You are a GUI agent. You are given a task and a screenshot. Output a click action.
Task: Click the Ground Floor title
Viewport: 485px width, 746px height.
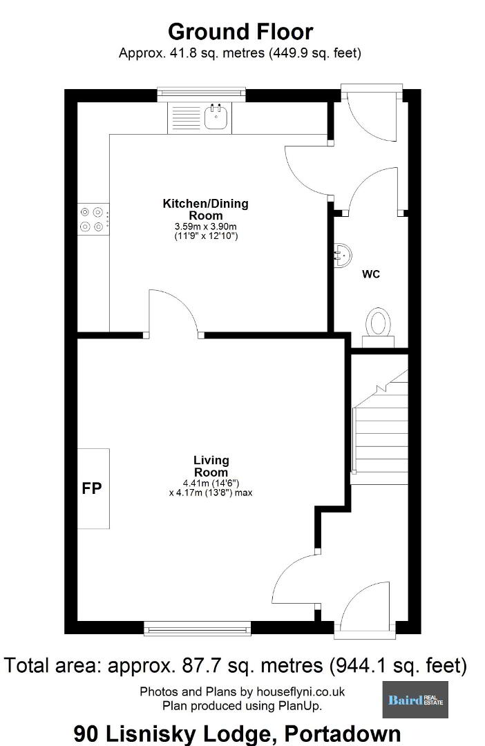point(240,32)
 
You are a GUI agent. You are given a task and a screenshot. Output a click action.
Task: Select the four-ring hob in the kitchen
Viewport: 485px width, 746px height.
point(93,219)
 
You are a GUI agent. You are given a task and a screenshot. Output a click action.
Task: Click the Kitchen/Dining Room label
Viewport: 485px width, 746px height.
point(206,209)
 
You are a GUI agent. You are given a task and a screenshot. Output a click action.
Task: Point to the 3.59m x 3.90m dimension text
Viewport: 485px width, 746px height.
point(206,227)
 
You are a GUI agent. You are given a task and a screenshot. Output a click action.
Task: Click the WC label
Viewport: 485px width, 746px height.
point(371,274)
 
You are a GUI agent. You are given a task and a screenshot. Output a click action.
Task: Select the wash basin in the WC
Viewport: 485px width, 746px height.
point(342,256)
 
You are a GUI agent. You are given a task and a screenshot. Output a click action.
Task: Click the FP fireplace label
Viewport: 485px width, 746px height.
point(91,488)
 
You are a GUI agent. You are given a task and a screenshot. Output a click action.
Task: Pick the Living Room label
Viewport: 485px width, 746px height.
point(211,466)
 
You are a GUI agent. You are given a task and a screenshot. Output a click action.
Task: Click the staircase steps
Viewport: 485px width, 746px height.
point(380,427)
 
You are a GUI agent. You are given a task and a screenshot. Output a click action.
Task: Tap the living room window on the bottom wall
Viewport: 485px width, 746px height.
point(198,629)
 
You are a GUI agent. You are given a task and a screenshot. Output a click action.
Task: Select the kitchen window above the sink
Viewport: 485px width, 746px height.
point(201,94)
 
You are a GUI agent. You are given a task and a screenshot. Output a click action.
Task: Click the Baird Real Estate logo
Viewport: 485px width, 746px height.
point(415,699)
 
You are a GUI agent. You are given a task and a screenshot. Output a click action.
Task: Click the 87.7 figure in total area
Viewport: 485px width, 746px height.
point(200,665)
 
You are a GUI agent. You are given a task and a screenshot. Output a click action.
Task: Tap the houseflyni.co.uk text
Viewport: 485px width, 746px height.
point(301,691)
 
